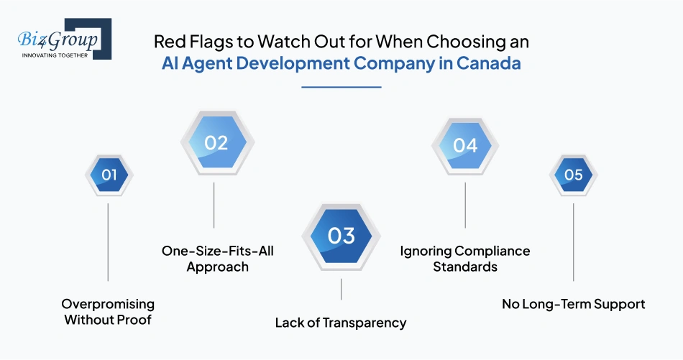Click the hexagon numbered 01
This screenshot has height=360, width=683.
[109, 175]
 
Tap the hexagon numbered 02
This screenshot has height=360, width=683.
[217, 142]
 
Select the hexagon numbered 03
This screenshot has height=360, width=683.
[341, 236]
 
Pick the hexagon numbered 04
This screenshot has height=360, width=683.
[465, 145]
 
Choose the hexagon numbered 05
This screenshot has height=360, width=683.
[573, 175]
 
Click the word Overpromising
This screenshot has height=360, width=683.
[108, 304]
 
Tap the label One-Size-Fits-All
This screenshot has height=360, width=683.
[217, 251]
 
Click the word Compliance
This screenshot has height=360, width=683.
[492, 251]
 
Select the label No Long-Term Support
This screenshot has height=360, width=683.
[573, 304]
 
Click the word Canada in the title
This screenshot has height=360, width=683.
[488, 63]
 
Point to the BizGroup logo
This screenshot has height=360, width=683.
[65, 39]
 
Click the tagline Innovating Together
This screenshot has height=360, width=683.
[55, 55]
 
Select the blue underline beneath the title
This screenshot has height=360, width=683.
[341, 87]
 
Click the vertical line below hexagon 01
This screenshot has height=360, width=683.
[108, 242]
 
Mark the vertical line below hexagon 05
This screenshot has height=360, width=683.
[573, 242]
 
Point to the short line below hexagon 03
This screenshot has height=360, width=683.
[341, 289]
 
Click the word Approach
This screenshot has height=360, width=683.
[217, 267]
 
